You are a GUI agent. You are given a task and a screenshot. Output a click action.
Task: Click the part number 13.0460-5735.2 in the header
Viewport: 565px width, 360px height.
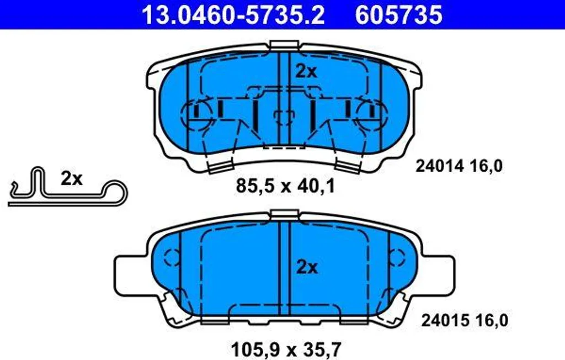(233, 15)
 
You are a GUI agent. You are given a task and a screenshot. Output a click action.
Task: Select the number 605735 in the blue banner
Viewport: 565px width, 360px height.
(398, 15)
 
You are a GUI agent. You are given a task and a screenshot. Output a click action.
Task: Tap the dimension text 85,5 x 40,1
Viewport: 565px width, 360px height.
(285, 186)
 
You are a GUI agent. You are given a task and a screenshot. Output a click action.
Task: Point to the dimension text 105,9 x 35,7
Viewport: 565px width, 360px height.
(286, 349)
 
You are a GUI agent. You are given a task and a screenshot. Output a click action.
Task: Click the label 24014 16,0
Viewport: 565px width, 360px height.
(459, 166)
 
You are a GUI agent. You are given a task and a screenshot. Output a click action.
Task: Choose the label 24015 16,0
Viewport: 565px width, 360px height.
(465, 320)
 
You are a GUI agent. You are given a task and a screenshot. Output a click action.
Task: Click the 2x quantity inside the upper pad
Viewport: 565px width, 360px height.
(306, 71)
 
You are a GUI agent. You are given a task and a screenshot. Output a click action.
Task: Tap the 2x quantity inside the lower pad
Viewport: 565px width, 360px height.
(307, 267)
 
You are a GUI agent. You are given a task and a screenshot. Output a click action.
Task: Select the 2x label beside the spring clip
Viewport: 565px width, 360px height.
(71, 178)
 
